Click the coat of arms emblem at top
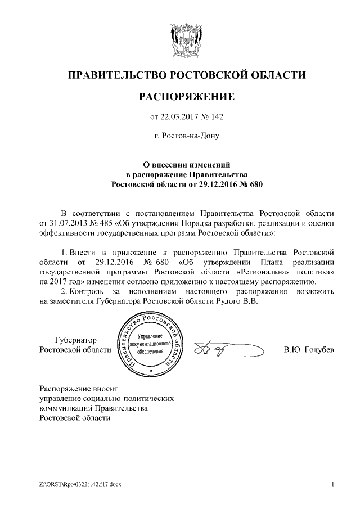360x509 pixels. coord(186,38)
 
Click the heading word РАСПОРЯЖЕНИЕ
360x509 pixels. coord(186,97)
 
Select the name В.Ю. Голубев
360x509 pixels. coord(309,350)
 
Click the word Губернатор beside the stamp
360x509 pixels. coord(75,340)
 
